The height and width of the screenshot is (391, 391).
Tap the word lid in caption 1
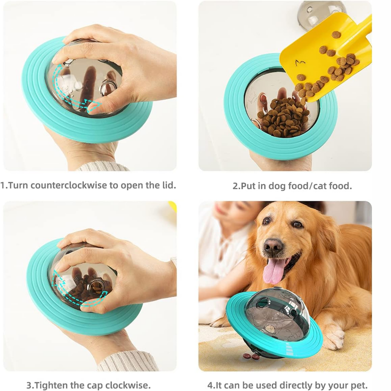tap(169, 185)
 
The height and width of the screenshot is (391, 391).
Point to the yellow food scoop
tap(325, 54)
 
